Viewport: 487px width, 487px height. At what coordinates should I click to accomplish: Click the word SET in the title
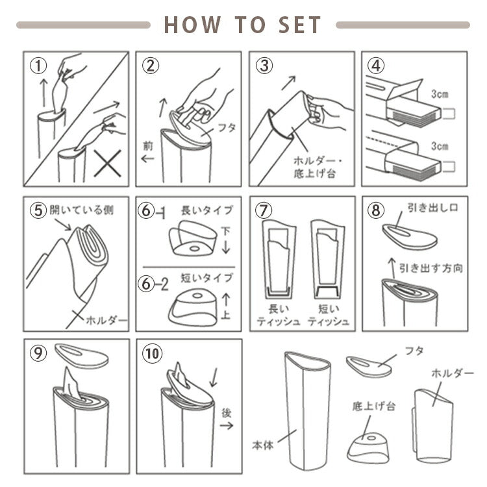pyautogui.click(x=299, y=25)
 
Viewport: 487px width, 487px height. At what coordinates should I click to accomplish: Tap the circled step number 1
pyautogui.click(x=38, y=66)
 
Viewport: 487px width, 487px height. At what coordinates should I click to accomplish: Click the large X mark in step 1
pyautogui.click(x=108, y=164)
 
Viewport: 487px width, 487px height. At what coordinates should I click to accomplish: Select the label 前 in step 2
pyautogui.click(x=148, y=145)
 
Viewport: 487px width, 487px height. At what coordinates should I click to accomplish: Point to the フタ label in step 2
pyautogui.click(x=227, y=127)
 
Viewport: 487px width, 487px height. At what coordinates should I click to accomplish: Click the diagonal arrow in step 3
pyautogui.click(x=288, y=83)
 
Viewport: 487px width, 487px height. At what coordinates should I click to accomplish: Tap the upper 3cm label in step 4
pyautogui.click(x=440, y=94)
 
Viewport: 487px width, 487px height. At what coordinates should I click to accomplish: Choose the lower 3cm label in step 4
pyautogui.click(x=440, y=145)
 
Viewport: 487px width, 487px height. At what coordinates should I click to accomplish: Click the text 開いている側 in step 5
pyautogui.click(x=81, y=210)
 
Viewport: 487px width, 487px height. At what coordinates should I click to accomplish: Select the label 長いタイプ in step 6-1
pyautogui.click(x=207, y=210)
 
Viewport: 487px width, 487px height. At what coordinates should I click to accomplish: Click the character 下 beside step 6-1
pyautogui.click(x=226, y=231)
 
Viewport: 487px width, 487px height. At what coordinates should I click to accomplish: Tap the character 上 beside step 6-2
pyautogui.click(x=226, y=315)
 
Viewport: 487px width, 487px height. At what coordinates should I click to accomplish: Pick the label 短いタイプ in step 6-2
pyautogui.click(x=207, y=277)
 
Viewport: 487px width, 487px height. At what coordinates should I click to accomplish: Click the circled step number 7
pyautogui.click(x=264, y=210)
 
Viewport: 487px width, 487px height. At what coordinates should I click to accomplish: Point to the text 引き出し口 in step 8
pyautogui.click(x=432, y=208)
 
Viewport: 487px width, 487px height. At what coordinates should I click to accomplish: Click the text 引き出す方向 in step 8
pyautogui.click(x=431, y=268)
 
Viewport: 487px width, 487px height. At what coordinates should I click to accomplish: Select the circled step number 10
pyautogui.click(x=152, y=353)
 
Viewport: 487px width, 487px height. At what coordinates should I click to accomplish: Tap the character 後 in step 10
pyautogui.click(x=227, y=413)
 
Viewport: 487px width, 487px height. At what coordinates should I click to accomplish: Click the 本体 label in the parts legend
pyautogui.click(x=263, y=445)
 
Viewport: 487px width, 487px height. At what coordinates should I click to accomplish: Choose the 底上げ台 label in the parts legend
pyautogui.click(x=373, y=406)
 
